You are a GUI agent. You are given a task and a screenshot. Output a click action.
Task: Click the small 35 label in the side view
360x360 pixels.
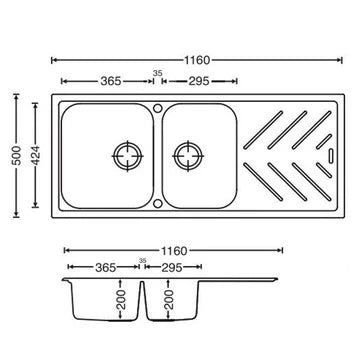(142, 261)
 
